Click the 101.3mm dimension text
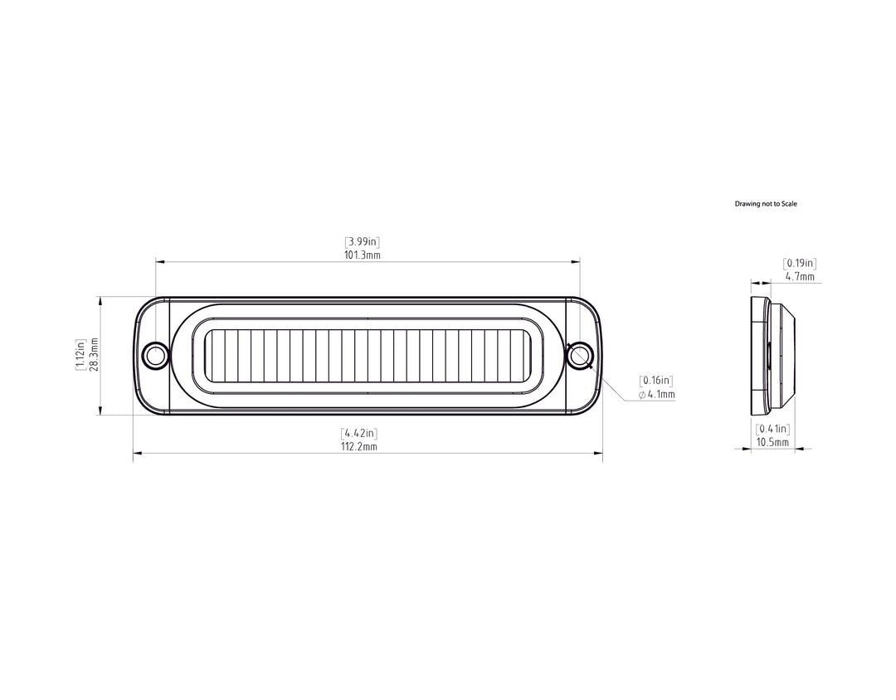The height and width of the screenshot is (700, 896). pos(362,255)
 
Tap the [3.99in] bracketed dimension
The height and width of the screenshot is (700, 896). pos(362,241)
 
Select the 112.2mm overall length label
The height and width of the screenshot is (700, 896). pos(359,446)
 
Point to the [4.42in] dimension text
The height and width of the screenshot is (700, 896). pos(359,433)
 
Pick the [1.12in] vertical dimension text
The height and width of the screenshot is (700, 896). pos(81,354)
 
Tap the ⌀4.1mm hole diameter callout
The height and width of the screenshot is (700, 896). pos(656,394)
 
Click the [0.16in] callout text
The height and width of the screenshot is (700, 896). pos(656,381)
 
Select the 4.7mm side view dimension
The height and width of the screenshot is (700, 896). pos(800,276)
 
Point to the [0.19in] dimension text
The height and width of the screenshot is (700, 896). pos(800,264)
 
